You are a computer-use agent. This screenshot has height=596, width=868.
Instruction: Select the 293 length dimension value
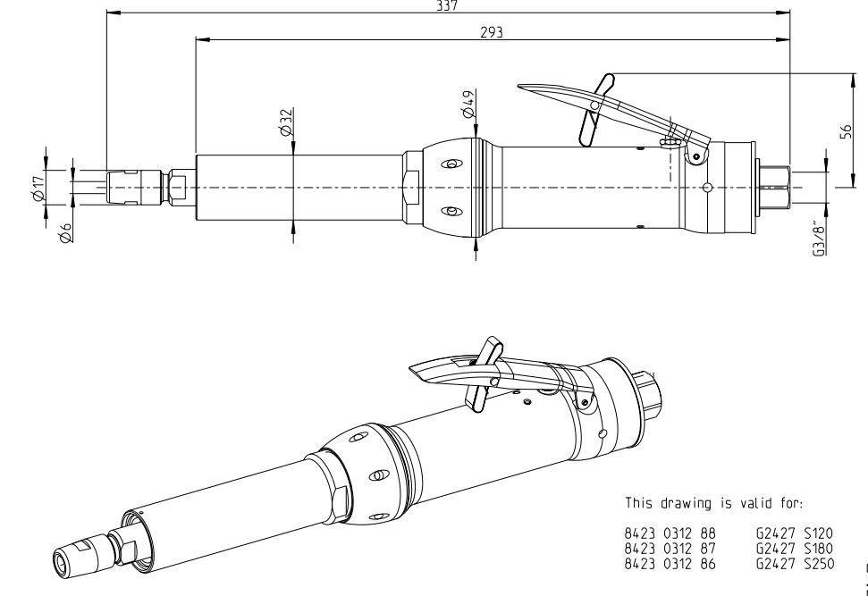point(492,31)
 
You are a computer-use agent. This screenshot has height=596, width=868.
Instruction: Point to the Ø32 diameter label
point(285,123)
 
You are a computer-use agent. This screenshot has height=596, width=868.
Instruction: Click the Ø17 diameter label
point(37,188)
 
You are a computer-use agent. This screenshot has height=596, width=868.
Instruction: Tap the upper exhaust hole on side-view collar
point(451,164)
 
